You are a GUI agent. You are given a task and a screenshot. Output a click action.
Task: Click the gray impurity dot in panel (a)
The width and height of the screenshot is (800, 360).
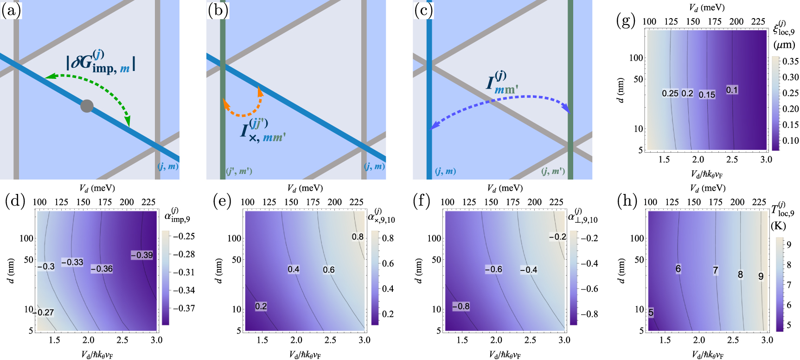[x=87, y=106]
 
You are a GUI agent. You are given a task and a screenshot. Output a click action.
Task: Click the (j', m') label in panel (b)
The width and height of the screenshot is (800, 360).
[x=239, y=171]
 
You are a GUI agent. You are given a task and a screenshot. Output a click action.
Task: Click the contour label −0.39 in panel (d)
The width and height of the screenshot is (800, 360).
[x=141, y=255]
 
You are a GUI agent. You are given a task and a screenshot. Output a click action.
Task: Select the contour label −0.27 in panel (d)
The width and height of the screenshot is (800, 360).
[x=44, y=312]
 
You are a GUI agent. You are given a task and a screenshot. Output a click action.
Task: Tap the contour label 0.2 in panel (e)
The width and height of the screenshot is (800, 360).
[x=261, y=306]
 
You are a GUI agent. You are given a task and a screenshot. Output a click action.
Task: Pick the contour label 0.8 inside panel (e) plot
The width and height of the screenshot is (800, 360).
[x=357, y=237]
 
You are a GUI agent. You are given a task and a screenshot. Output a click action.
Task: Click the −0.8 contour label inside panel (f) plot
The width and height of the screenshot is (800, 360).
[x=461, y=306]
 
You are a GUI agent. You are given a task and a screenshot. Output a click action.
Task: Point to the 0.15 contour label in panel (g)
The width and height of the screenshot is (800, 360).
[x=707, y=95]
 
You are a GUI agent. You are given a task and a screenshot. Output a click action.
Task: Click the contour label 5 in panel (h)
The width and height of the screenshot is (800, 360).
[x=651, y=313]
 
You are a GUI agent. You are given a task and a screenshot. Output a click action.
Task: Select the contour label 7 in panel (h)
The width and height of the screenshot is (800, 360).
[x=715, y=270]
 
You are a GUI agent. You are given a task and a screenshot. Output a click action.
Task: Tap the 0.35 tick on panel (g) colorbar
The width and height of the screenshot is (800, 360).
[x=790, y=61]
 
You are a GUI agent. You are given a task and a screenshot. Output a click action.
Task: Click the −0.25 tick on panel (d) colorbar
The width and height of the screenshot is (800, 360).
[x=184, y=236]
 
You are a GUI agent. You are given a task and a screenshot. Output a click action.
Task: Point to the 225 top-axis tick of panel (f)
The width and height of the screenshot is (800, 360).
[x=556, y=202]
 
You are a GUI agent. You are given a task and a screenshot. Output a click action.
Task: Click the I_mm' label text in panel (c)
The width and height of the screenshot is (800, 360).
[x=501, y=84]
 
